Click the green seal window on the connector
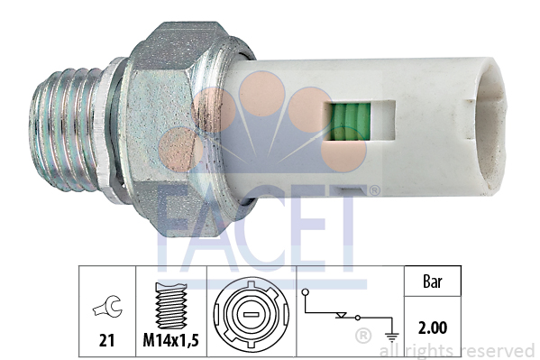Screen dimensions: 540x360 [x=348, y=122]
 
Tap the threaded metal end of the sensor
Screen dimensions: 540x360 [x=66, y=130]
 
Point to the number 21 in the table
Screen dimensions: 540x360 [x=106, y=340]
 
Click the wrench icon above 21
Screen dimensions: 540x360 [x=107, y=306]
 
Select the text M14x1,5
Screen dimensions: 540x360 [x=170, y=341]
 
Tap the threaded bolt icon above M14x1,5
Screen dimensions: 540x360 [x=171, y=305]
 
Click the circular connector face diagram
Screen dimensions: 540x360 [x=251, y=313]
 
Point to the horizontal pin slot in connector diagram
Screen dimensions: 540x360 [x=251, y=315]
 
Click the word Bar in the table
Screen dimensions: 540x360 [x=432, y=282]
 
